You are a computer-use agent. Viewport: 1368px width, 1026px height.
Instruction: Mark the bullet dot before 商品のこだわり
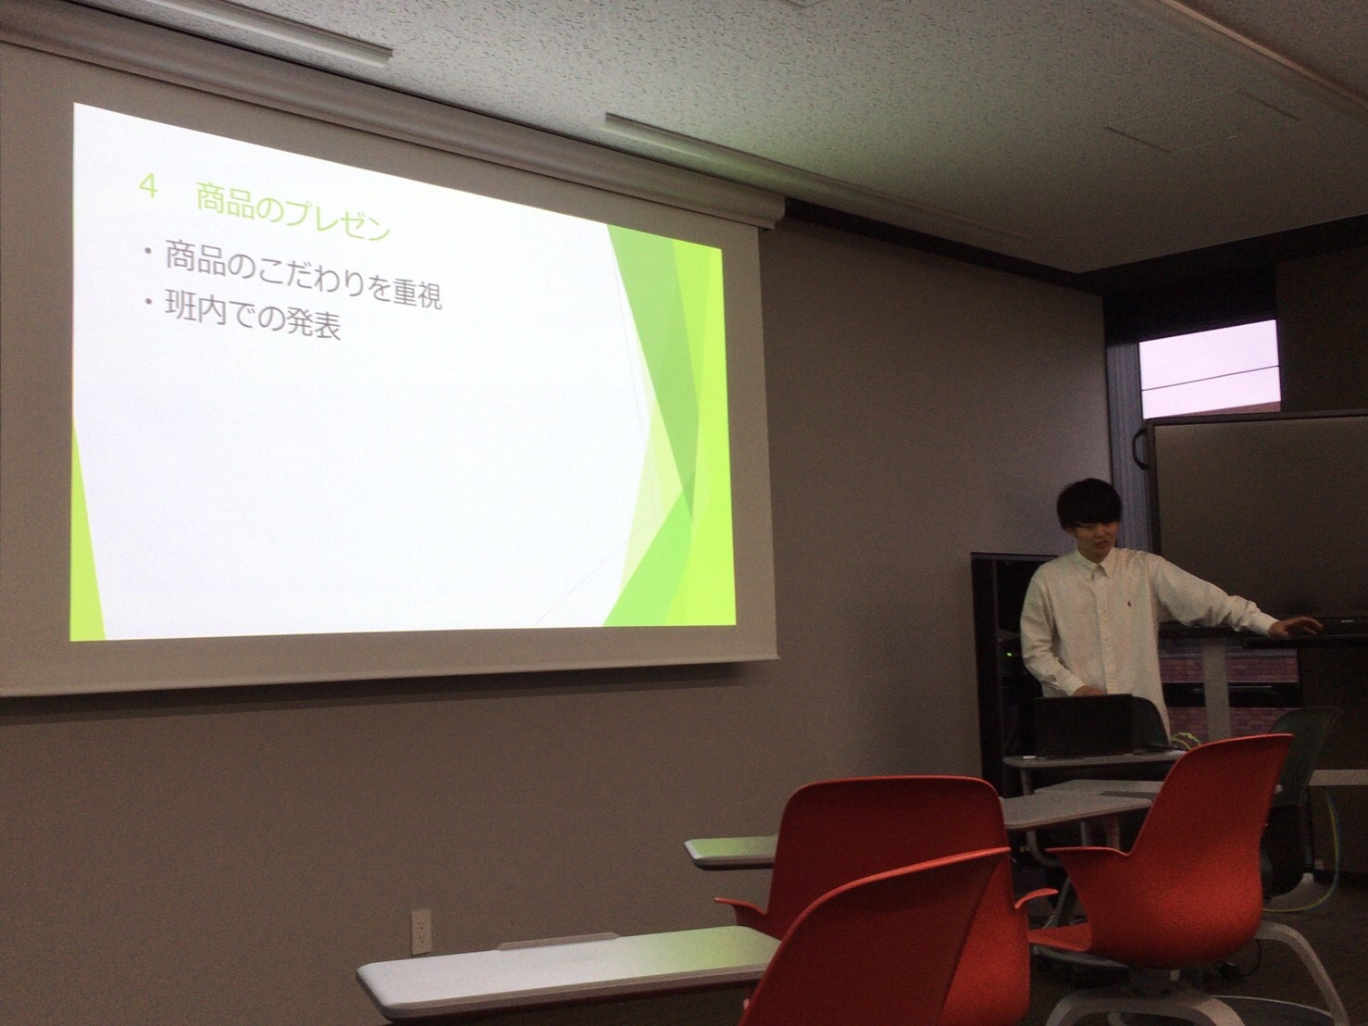tap(148, 252)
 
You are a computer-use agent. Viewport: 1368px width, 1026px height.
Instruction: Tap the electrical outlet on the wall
tap(422, 932)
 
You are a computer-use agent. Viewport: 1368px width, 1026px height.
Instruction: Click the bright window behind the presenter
tap(1210, 369)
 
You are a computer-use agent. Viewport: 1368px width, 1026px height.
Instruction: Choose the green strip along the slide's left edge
tap(86, 536)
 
